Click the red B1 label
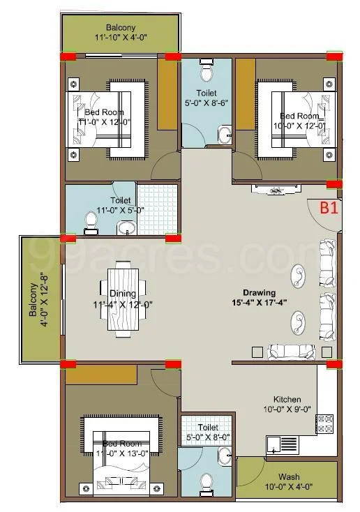(x=329, y=207)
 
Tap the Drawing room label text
(x=259, y=292)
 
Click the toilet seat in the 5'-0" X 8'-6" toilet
(x=206, y=73)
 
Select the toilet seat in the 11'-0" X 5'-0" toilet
(x=91, y=223)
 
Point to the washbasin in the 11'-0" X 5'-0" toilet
(x=126, y=227)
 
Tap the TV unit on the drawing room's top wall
(x=276, y=190)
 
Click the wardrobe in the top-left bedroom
(x=167, y=94)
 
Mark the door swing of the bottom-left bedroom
(x=166, y=382)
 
